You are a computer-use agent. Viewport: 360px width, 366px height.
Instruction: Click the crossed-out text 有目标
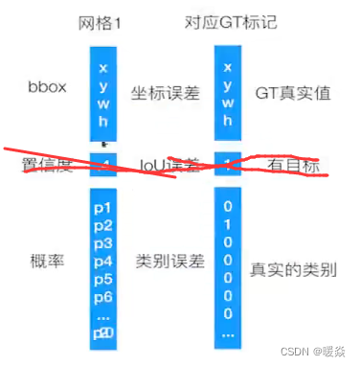click(x=297, y=166)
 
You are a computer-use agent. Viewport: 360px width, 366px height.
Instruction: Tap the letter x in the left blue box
click(x=103, y=68)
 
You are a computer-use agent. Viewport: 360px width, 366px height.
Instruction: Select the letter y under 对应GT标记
click(x=226, y=85)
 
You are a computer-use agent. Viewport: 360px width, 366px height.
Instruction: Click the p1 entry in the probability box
click(x=103, y=207)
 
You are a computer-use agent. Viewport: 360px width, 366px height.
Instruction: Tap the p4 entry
click(x=103, y=262)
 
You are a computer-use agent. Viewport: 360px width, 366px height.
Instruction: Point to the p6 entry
click(x=103, y=297)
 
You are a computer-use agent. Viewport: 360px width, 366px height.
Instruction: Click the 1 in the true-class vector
click(x=226, y=224)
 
